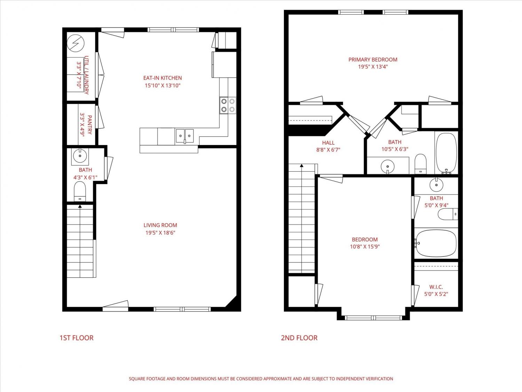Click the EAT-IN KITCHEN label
163,78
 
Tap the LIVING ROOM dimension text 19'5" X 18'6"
160,232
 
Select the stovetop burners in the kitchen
228,105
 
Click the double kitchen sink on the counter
184,136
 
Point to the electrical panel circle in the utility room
76,43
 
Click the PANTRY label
90,125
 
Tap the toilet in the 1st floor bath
80,191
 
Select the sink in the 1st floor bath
80,156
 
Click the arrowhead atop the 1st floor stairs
80,206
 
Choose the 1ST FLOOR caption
76,338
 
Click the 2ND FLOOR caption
299,338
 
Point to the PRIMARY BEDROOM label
373,60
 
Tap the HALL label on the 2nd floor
328,143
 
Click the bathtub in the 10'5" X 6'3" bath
446,153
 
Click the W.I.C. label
436,287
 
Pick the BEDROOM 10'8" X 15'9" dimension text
365,247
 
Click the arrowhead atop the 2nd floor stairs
302,166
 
